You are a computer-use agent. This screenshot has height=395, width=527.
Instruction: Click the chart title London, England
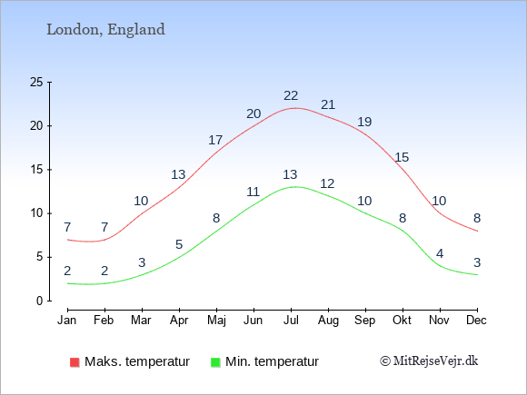105,30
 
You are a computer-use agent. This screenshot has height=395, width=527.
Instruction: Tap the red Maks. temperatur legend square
75,362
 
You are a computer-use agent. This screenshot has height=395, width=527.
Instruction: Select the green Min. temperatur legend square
215,362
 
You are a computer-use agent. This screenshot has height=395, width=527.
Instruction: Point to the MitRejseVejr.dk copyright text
429,361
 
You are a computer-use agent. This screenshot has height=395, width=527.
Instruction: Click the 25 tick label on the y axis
36,82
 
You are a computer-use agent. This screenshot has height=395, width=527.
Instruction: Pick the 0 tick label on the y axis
40,301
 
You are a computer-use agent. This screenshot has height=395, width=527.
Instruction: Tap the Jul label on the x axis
291,321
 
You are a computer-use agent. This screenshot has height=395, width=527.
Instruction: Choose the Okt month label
402,321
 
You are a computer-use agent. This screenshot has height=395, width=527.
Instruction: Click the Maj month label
216,321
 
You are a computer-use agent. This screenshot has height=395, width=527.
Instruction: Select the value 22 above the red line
291,96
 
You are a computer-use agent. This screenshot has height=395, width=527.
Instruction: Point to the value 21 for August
328,105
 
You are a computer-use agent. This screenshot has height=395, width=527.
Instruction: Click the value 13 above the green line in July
290,174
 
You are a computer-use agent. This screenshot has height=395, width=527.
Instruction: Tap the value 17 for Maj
215,140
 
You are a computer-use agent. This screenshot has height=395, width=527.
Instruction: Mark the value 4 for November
440,253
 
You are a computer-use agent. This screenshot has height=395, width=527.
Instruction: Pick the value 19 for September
364,122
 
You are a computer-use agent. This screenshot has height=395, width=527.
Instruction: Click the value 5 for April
179,244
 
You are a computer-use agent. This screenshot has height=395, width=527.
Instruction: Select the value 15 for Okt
402,157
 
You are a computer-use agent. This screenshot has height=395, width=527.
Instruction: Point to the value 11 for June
254,193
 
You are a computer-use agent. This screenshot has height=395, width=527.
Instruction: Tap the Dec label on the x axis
476,321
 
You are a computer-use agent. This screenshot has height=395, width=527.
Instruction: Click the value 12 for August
327,183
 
